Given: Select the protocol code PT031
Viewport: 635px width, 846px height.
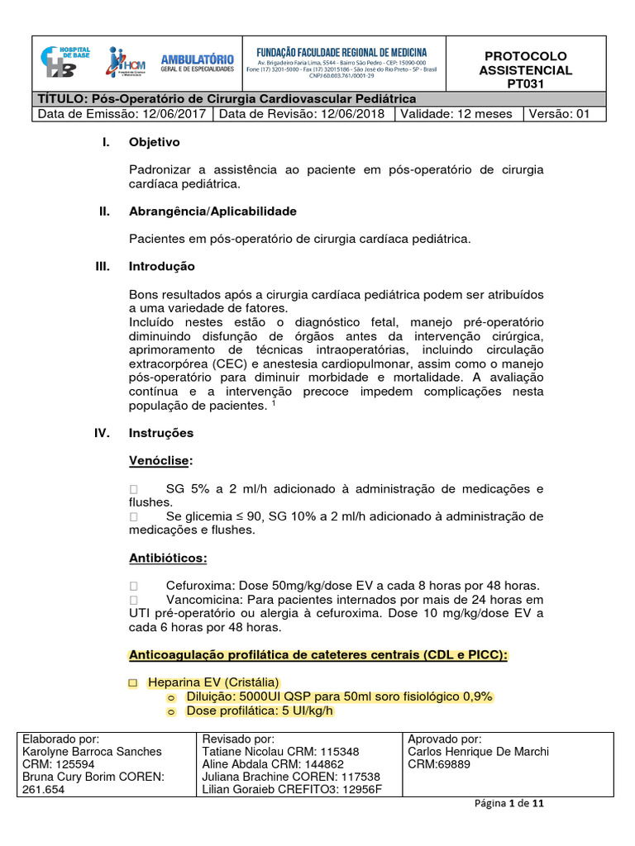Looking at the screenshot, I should (x=527, y=84).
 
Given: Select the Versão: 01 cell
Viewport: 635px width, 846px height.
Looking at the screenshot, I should (x=558, y=114).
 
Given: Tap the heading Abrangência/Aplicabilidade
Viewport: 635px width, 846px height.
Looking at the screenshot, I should (x=212, y=211).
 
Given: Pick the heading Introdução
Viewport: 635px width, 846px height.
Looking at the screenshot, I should (x=162, y=267).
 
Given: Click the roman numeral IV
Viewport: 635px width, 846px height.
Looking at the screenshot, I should (x=103, y=433).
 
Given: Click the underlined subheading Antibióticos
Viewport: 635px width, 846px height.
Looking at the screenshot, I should (x=168, y=558).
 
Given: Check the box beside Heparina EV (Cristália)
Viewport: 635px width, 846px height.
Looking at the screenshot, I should (x=134, y=683).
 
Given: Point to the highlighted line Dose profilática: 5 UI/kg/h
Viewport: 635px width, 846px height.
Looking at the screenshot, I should (x=259, y=711).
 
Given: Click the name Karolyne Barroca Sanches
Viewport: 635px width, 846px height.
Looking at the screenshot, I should (x=93, y=752).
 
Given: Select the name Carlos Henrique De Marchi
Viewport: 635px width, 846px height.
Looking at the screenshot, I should (x=478, y=752).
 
